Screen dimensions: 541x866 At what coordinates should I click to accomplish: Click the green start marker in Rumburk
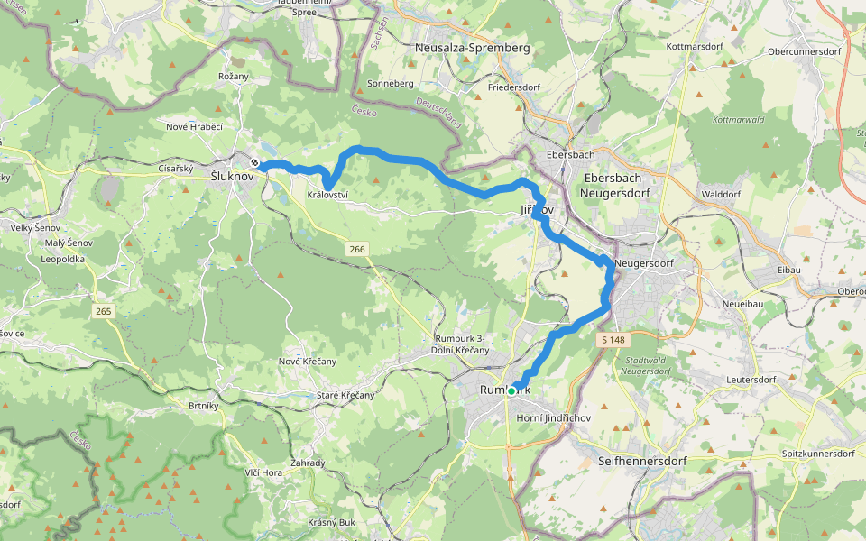pos(511,390)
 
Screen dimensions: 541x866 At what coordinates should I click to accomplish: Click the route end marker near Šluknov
pos(256,163)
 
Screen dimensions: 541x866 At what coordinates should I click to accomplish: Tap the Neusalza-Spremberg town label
pos(473,47)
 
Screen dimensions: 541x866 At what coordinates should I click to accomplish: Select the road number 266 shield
pos(357,248)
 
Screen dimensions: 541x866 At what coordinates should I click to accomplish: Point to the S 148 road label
pos(611,340)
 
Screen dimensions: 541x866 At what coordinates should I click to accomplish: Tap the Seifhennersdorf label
pos(642,461)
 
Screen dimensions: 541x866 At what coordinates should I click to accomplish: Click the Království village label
pos(327,195)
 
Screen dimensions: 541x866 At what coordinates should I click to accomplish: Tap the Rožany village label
pos(233,76)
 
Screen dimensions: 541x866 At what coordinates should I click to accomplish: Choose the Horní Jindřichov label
pos(553,418)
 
